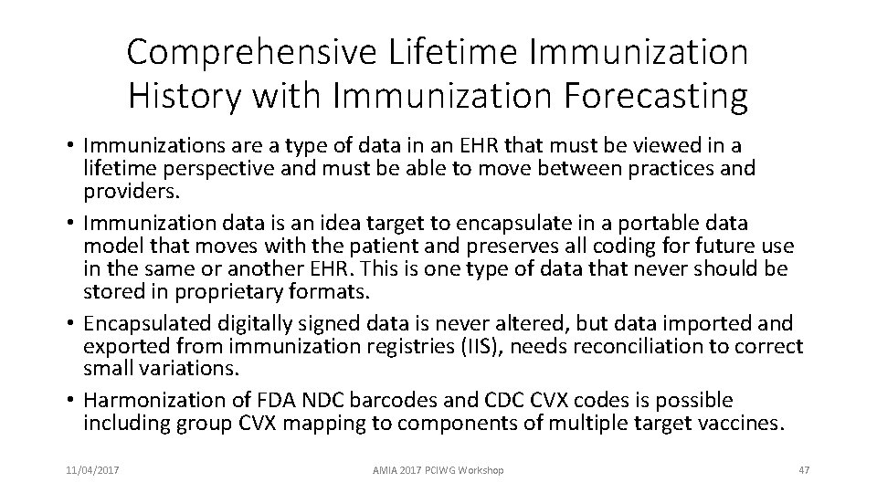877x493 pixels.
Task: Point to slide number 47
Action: (804, 469)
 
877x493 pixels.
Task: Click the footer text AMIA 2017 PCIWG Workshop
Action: (438, 469)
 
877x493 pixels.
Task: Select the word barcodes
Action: (411, 401)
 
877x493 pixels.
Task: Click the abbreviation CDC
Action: (513, 401)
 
